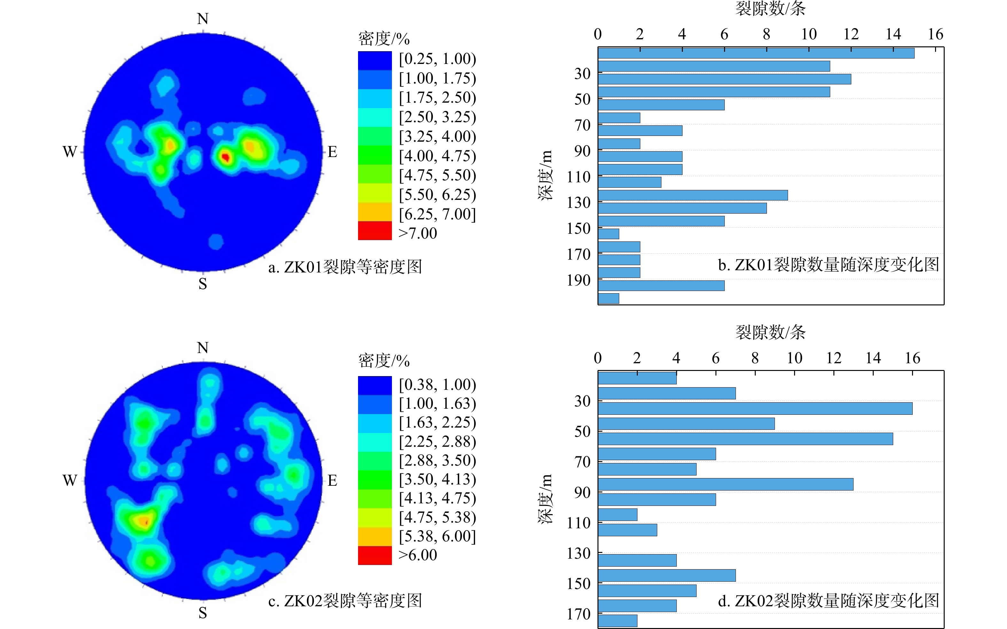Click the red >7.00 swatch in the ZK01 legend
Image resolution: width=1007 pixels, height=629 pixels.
pyautogui.click(x=375, y=231)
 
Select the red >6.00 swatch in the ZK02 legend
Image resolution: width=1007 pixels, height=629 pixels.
pyautogui.click(x=375, y=555)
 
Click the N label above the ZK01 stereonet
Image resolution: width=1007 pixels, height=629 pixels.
pyautogui.click(x=202, y=19)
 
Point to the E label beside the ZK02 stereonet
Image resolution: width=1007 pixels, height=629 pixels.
pyautogui.click(x=332, y=481)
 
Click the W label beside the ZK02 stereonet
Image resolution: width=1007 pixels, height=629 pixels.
pyautogui.click(x=70, y=481)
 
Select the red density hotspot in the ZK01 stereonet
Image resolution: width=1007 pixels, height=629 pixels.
pyautogui.click(x=225, y=157)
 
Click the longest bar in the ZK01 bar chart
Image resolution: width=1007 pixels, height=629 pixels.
pyautogui.click(x=756, y=53)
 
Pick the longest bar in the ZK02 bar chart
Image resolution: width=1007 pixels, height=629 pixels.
pyautogui.click(x=755, y=409)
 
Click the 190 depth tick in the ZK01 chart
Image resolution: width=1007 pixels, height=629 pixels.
pyautogui.click(x=578, y=280)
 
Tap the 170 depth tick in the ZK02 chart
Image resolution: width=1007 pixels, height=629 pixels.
pyautogui.click(x=578, y=614)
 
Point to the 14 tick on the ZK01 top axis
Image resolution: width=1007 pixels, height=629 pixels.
pyautogui.click(x=893, y=34)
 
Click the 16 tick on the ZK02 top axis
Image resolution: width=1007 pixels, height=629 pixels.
pyautogui.click(x=913, y=358)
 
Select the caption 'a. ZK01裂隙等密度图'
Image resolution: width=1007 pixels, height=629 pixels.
pyautogui.click(x=345, y=267)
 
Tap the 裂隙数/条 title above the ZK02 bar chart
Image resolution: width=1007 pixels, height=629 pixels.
pyautogui.click(x=770, y=332)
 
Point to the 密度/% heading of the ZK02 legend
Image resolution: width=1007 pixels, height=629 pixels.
pyautogui.click(x=384, y=361)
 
